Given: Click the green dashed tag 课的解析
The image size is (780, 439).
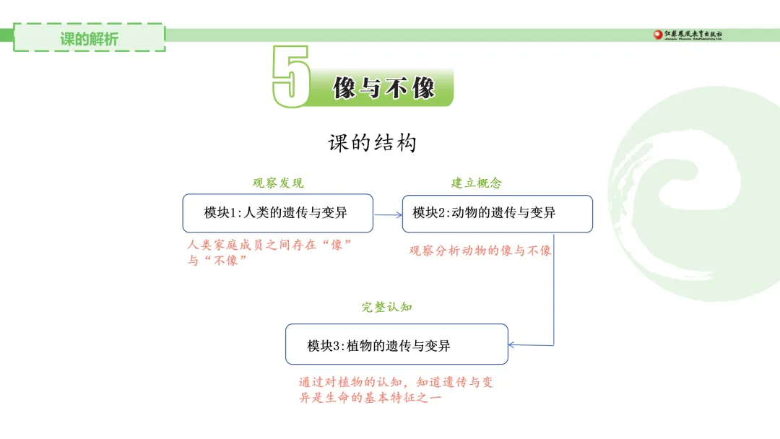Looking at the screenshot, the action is click(90, 38).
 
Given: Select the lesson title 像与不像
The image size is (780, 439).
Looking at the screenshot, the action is click(383, 88).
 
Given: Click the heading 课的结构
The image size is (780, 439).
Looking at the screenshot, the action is click(372, 143).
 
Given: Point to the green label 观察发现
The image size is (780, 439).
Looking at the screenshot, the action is click(278, 183).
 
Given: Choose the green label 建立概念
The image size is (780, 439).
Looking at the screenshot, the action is click(477, 183).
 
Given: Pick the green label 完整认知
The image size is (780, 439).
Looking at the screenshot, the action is click(387, 308).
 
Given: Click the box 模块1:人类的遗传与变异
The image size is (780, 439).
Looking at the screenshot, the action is click(277, 213).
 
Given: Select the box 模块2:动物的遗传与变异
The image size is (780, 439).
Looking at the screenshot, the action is click(498, 214).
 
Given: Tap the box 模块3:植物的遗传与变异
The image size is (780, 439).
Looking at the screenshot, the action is click(396, 344).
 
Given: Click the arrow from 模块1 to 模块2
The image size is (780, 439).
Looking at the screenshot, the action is click(388, 214).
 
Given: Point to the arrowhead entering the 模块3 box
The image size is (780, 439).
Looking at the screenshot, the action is click(512, 344).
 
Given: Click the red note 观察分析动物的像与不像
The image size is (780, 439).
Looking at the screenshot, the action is click(480, 251).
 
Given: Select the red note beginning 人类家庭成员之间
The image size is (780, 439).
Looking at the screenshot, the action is click(269, 253).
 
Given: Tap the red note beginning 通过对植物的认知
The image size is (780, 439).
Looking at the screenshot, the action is click(396, 390).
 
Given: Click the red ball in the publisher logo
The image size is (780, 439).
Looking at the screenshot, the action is click(658, 35).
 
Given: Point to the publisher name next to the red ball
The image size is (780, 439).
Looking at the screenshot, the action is click(693, 35).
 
